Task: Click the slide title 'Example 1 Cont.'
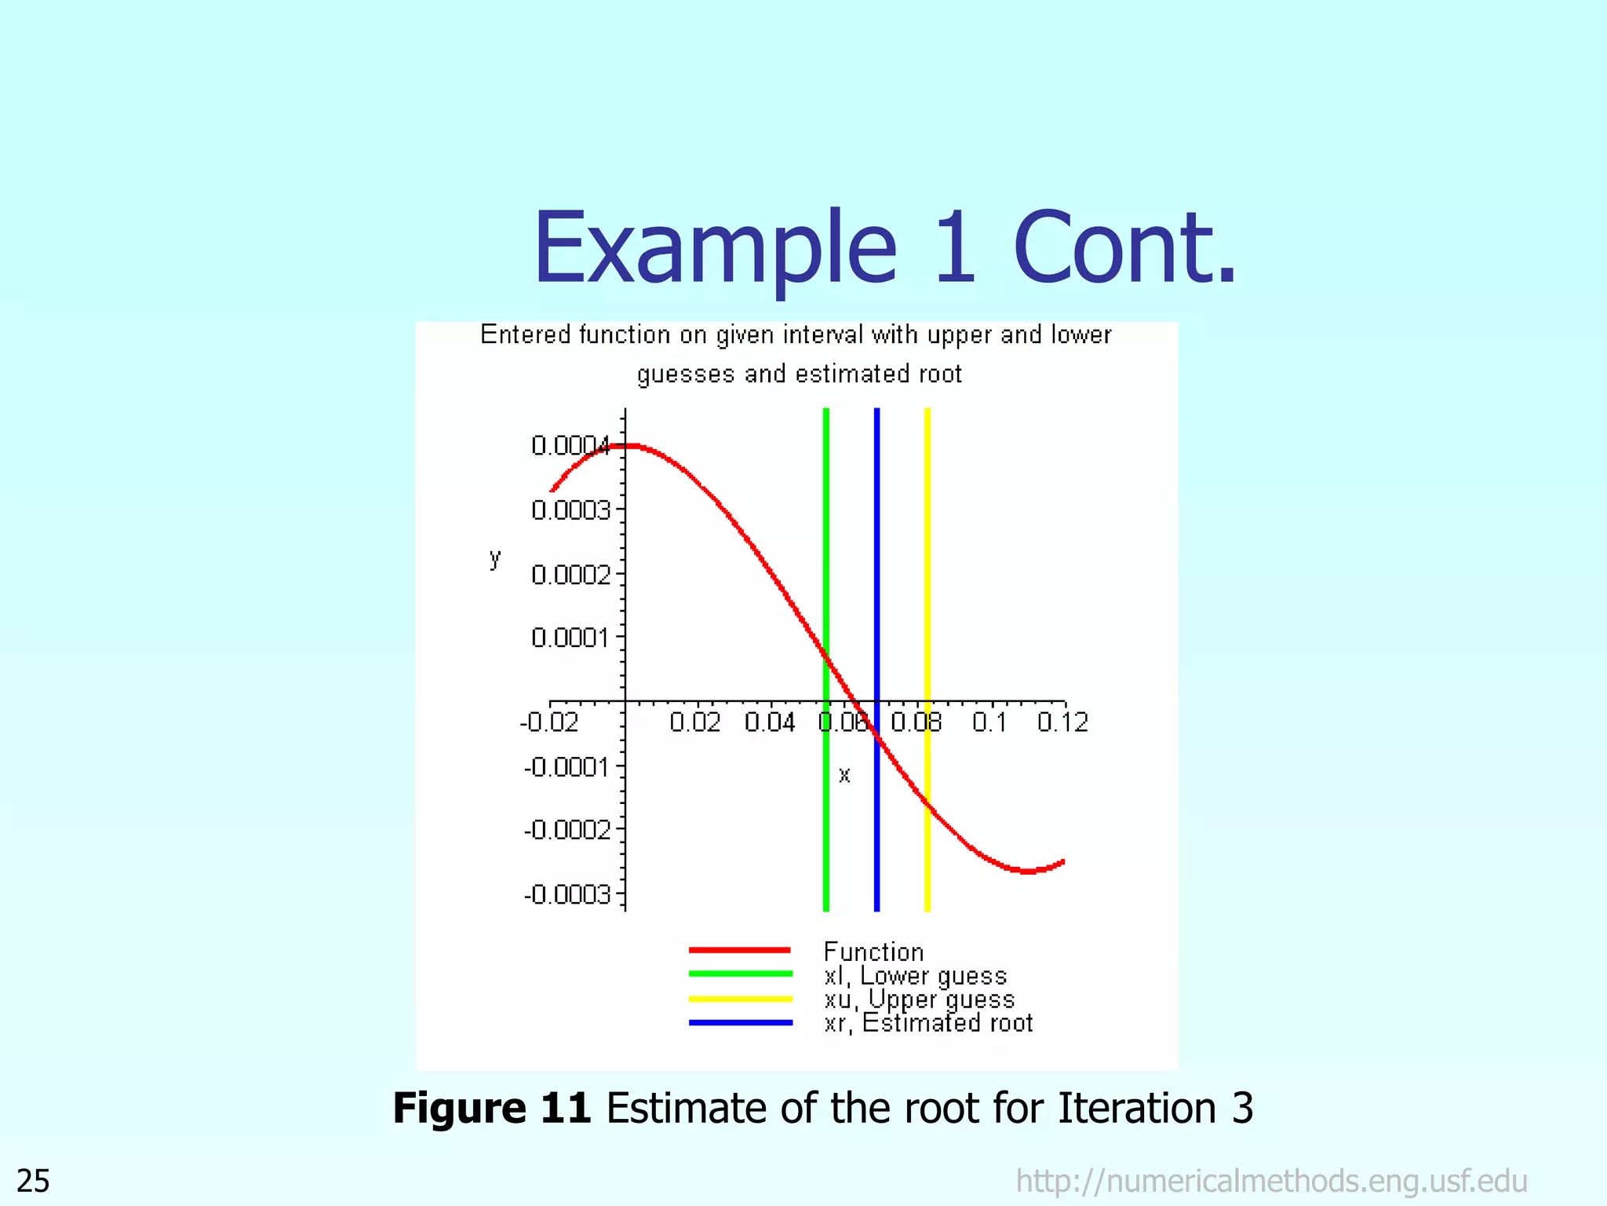pyautogui.click(x=884, y=248)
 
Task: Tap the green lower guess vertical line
pyautogui.click(x=825, y=550)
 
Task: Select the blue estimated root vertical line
pyautogui.click(x=876, y=550)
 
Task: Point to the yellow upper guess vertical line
pyautogui.click(x=927, y=550)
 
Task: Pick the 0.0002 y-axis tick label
pyautogui.click(x=570, y=576)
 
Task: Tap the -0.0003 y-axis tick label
pyautogui.click(x=567, y=894)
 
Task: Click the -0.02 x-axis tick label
pyautogui.click(x=549, y=722)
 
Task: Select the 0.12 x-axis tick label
pyautogui.click(x=1062, y=722)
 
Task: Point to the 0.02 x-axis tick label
pyautogui.click(x=695, y=722)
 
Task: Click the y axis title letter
pyautogui.click(x=495, y=558)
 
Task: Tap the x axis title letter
pyautogui.click(x=844, y=776)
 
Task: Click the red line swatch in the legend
pyautogui.click(x=740, y=950)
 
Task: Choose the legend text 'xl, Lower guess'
pyautogui.click(x=915, y=976)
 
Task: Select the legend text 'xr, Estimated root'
pyautogui.click(x=928, y=1023)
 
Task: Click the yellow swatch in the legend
pyautogui.click(x=740, y=999)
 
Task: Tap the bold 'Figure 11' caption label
pyautogui.click(x=492, y=1109)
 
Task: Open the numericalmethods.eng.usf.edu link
pyautogui.click(x=1271, y=1181)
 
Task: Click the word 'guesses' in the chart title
pyautogui.click(x=686, y=375)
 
